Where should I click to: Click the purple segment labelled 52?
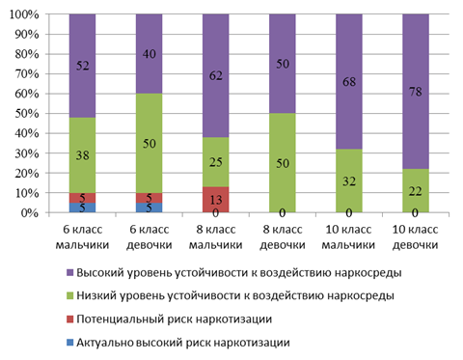[82, 66]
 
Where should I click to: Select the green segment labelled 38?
[82, 155]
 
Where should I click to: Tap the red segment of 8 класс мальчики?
[216, 200]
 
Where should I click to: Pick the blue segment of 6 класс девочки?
[149, 208]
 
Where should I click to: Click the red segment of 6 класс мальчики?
[82, 198]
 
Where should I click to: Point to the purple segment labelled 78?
[416, 92]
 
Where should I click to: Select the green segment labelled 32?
[349, 180]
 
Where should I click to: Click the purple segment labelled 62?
[216, 75]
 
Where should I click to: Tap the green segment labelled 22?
[416, 191]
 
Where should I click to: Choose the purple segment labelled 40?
[149, 54]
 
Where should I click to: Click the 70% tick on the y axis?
[47, 74]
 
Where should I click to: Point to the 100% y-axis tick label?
[24, 14]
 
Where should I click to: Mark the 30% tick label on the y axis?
[27, 153]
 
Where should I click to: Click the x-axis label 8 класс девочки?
[283, 237]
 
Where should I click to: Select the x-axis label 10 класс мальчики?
[348, 237]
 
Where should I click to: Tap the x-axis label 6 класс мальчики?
[82, 237]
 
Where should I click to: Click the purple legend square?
[69, 273]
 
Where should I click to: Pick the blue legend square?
[69, 343]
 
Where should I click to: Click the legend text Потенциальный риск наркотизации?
[175, 319]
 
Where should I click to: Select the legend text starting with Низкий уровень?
[235, 295]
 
